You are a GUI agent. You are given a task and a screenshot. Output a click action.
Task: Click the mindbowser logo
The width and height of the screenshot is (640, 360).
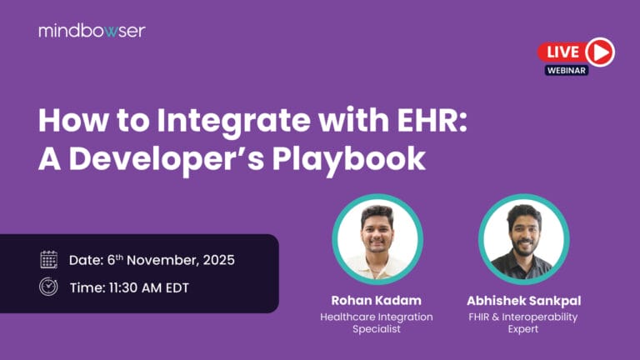92,31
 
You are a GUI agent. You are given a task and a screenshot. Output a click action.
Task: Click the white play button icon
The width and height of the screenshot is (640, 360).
599,52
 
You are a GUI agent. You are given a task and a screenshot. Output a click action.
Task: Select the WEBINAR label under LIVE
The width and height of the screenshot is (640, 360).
567,71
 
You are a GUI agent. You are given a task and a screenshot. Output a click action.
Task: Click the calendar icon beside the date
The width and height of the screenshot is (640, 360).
49,259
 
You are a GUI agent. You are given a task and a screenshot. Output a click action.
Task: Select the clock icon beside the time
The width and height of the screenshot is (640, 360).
49,286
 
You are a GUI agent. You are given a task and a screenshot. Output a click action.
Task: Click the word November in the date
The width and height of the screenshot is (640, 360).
163,259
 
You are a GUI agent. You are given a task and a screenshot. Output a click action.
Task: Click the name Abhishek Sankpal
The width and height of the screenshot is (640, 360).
523,299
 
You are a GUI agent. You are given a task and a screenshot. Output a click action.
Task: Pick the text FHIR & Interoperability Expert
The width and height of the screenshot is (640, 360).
523,322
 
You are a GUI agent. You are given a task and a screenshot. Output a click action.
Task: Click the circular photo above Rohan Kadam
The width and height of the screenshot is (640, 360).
377,239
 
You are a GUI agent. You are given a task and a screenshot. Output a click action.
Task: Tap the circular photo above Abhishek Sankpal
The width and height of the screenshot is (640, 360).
523,239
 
